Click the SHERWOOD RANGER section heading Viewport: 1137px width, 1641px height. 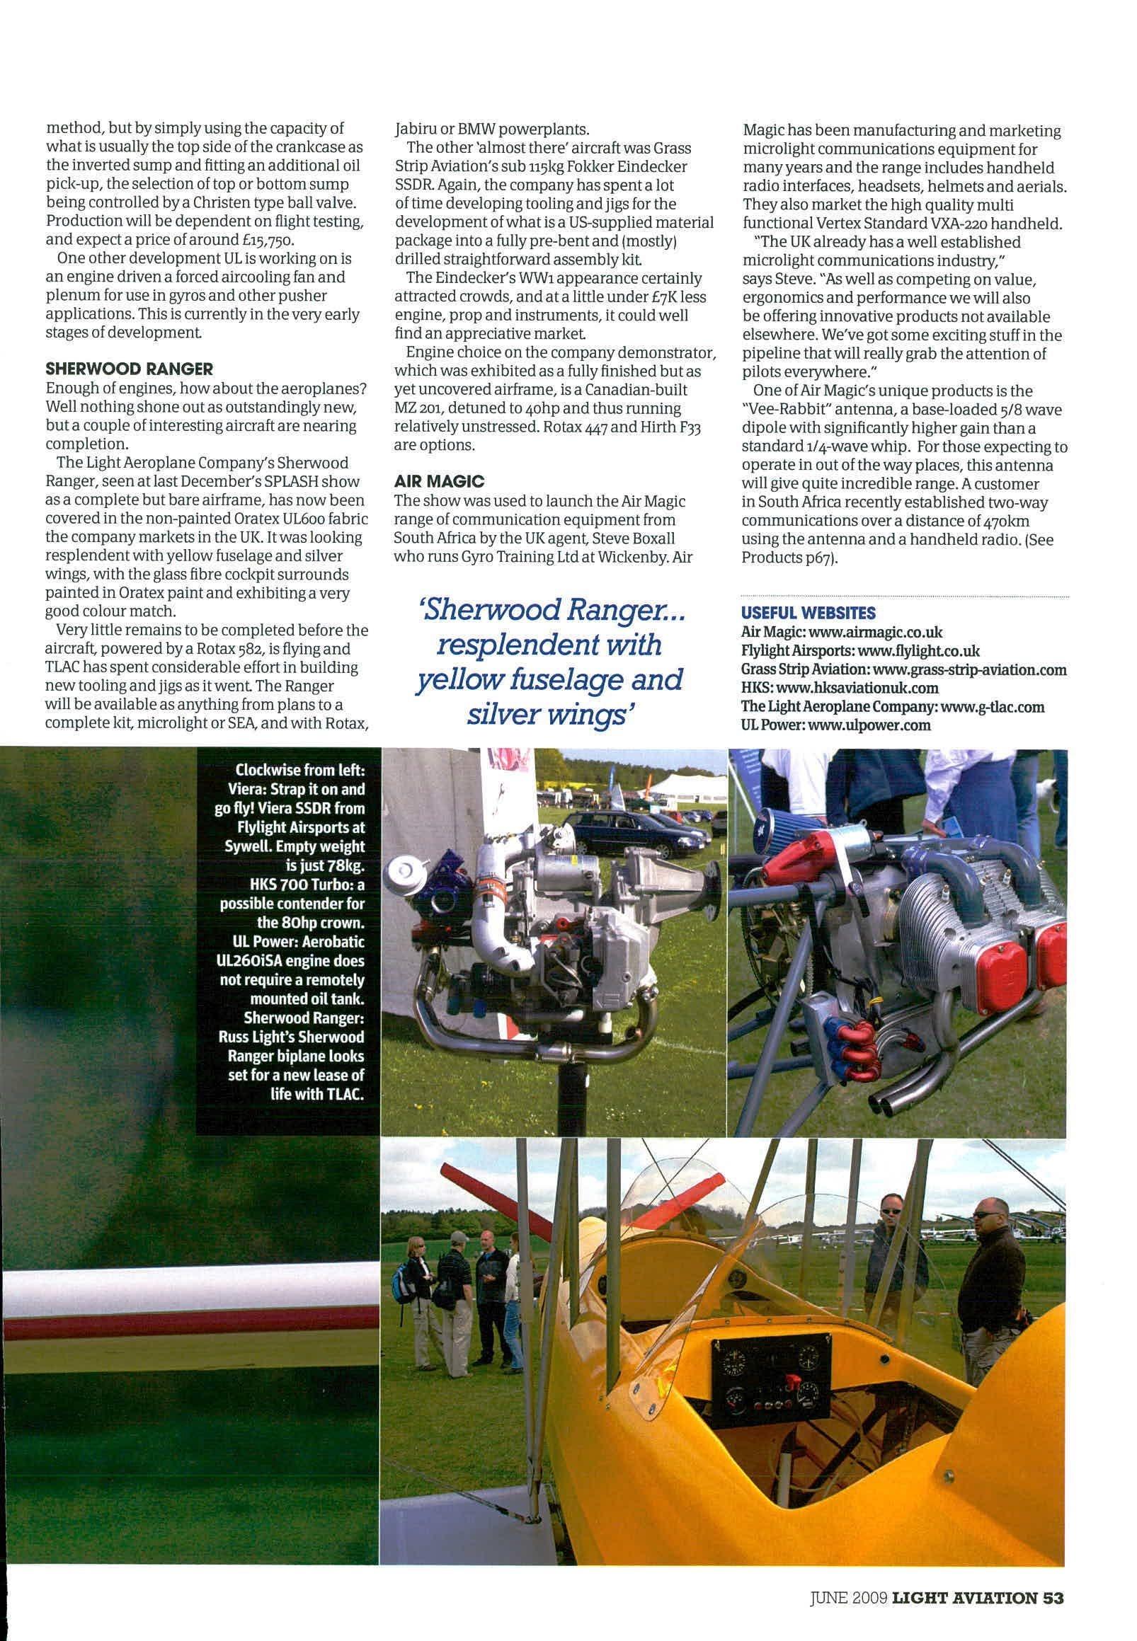tap(129, 369)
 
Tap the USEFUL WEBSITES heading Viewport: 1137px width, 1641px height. tap(809, 613)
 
